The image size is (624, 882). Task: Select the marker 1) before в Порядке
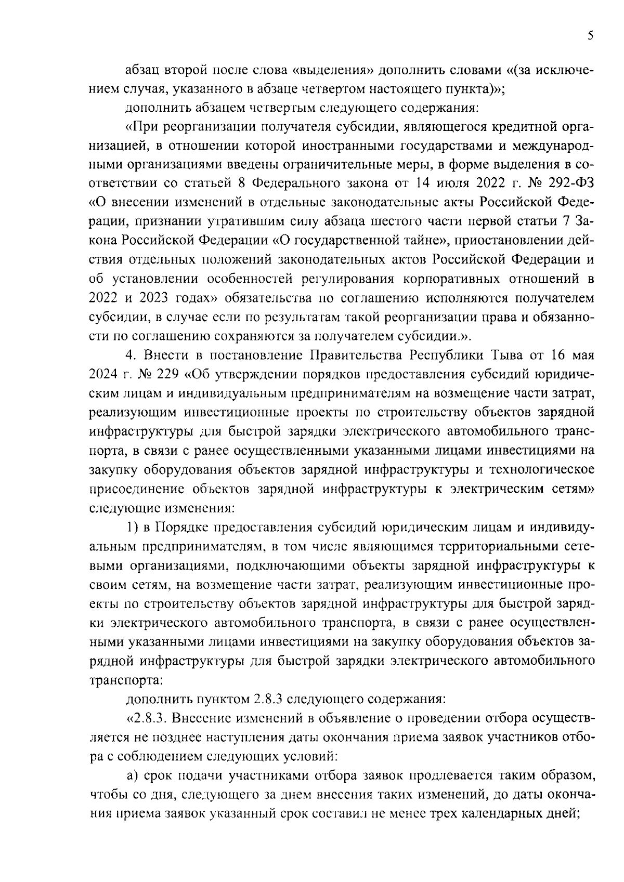pyautogui.click(x=132, y=528)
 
